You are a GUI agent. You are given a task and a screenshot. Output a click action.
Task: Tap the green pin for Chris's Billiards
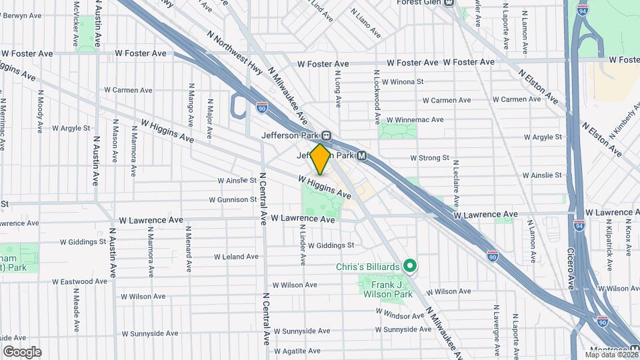tap(411, 267)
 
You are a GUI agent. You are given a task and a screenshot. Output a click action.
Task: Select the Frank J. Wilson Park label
tap(387, 289)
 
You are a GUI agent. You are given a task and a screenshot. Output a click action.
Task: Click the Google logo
tap(22, 352)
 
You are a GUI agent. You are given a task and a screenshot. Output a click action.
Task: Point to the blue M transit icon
tap(361, 155)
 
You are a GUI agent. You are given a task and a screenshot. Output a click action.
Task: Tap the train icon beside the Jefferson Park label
tap(326, 134)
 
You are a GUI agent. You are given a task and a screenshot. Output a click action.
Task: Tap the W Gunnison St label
tap(232, 199)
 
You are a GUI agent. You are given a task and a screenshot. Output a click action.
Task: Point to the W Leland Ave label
tap(236, 256)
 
